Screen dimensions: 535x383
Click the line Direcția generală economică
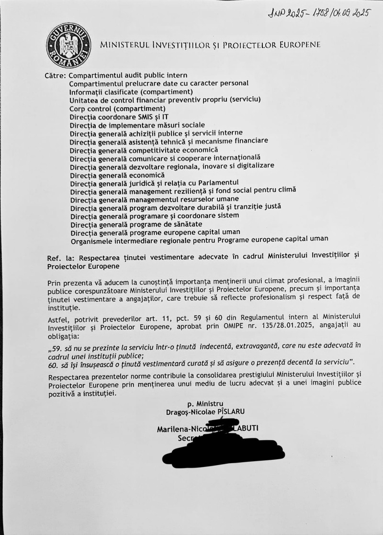click(117, 175)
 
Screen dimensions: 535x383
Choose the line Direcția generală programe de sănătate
click(136, 224)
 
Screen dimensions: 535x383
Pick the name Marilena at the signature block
click(174, 429)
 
